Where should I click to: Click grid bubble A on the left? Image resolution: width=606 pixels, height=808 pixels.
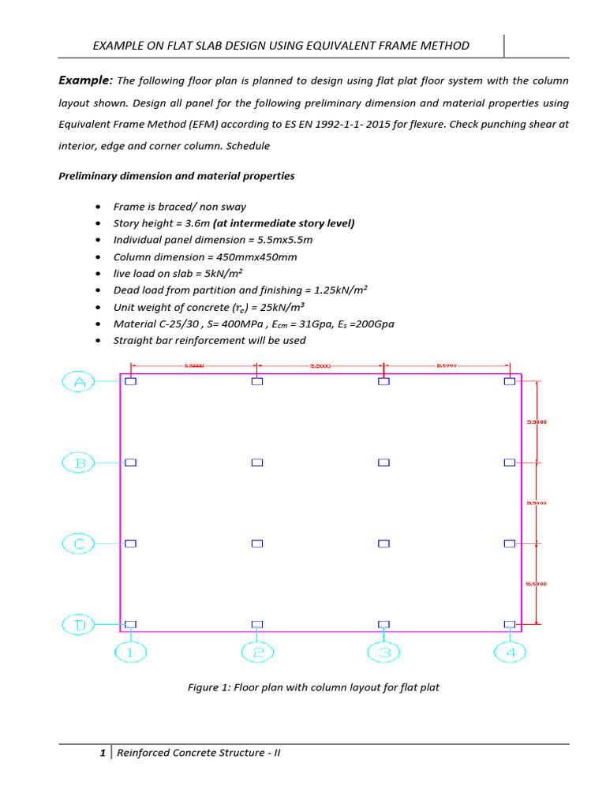[79, 383]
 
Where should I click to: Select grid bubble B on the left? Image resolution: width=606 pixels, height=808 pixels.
[79, 463]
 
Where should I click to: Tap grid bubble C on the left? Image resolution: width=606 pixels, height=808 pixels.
[79, 544]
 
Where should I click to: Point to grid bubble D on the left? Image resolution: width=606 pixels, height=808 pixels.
[79, 625]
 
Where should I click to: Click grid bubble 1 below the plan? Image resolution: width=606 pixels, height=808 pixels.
[131, 653]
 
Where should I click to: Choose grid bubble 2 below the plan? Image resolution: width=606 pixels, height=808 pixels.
[257, 653]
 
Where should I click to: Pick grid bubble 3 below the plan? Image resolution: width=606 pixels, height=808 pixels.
[383, 653]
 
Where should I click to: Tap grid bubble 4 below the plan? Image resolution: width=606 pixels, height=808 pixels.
[510, 653]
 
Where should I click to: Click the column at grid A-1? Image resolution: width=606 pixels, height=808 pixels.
[131, 381]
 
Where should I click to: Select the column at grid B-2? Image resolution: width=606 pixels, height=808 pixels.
[257, 462]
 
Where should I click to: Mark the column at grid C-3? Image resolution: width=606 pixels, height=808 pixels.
[383, 544]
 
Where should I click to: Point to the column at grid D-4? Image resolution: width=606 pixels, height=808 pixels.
[510, 624]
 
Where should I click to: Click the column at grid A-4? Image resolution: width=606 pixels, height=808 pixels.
[510, 381]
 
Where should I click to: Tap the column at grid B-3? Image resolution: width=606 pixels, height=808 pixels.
[383, 462]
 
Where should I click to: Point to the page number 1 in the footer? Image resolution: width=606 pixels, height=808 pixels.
[103, 753]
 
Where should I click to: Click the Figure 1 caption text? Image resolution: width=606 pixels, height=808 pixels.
[313, 687]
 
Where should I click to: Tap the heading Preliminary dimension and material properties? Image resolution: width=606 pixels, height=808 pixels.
[177, 176]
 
